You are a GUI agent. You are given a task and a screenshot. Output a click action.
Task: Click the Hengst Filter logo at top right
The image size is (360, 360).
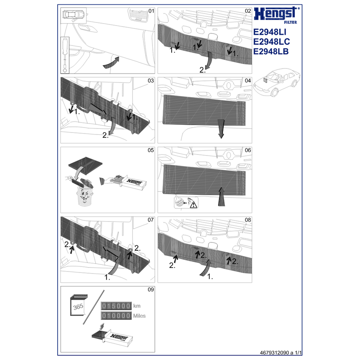tap(277, 15)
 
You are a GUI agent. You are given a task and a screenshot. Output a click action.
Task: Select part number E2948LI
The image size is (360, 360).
tap(270, 32)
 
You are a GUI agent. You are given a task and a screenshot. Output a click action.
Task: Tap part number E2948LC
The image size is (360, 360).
tap(272, 42)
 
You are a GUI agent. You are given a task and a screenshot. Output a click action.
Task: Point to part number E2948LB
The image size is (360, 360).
tap(271, 52)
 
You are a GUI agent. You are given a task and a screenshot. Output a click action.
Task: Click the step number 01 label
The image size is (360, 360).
tap(151, 11)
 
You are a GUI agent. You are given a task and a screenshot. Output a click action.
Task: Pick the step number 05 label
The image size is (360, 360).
tap(151, 150)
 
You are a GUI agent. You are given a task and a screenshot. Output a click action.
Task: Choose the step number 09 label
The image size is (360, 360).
tap(151, 290)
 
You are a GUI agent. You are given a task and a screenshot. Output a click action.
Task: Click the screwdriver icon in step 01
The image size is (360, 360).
tap(65, 55)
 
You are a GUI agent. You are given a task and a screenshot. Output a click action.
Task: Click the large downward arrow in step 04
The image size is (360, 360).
tap(221, 129)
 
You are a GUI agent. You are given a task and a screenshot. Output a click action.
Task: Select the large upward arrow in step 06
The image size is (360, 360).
tap(221, 196)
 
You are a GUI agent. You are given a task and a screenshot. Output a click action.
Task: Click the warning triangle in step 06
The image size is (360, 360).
tap(194, 204)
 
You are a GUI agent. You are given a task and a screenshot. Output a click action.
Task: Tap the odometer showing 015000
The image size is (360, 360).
tap(116, 306)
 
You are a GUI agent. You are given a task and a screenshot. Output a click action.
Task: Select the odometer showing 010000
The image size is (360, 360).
tap(116, 316)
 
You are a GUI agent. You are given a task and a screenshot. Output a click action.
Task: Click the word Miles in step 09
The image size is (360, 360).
tap(139, 316)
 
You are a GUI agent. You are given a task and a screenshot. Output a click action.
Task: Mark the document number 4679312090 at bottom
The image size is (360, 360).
tap(274, 353)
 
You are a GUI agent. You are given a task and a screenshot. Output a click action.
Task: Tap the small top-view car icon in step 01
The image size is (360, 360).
tap(74, 15)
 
